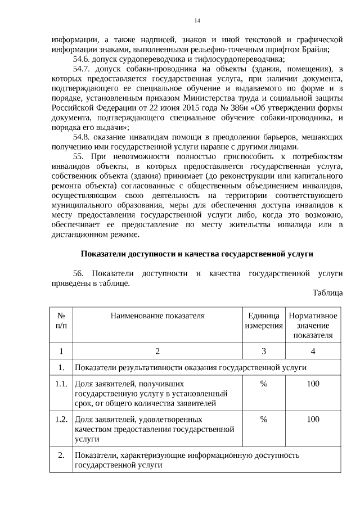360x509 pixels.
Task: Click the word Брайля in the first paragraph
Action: tap(316, 49)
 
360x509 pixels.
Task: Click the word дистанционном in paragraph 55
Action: tap(76, 235)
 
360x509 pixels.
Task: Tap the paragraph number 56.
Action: tap(79, 273)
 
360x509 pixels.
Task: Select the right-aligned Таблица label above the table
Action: tap(327, 293)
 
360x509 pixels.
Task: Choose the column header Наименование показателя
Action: tap(157, 316)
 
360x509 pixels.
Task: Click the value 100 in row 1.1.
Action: tap(313, 384)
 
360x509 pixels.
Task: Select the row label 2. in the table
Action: tap(61, 454)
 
